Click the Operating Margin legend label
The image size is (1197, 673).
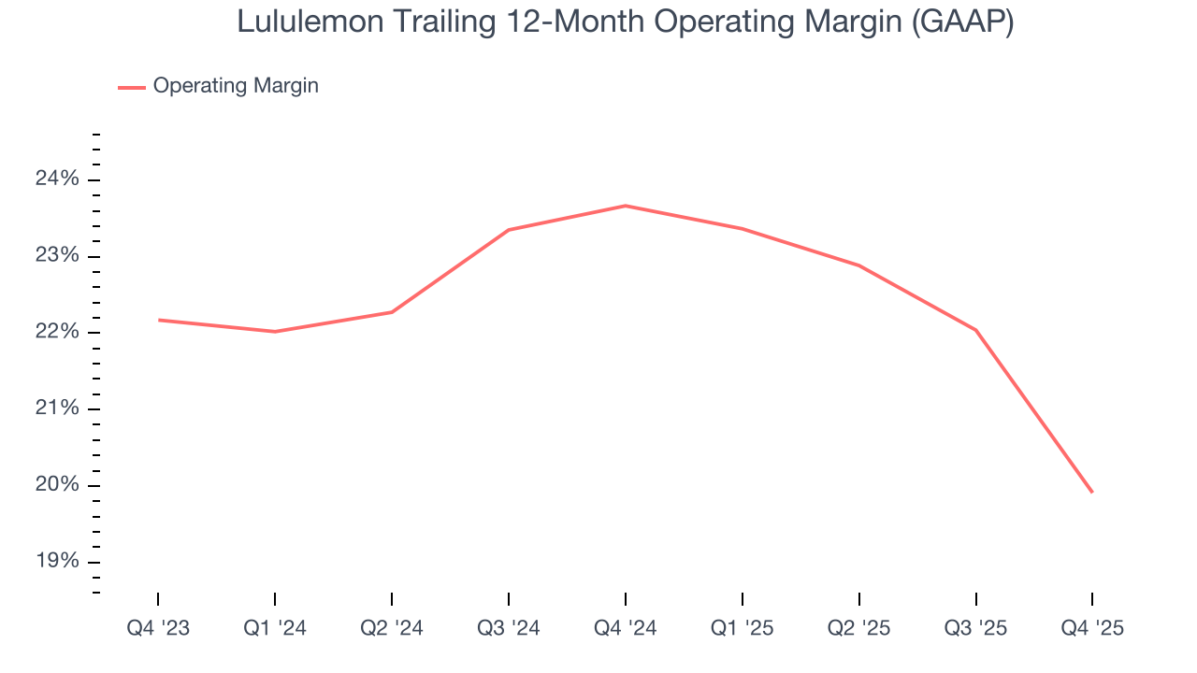236,86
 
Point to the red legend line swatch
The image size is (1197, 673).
131,87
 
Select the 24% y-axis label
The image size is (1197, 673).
57,179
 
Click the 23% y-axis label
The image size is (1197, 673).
57,256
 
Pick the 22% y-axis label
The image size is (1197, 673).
57,333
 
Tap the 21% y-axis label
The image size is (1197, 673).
57,408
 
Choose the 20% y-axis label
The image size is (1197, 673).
57,485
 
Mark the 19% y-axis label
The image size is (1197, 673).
57,562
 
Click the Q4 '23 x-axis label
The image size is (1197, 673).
158,628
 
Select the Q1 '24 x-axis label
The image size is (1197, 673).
275,628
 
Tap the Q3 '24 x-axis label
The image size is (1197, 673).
509,628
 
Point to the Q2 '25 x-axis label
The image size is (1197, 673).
859,628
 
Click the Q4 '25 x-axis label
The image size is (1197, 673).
1092,628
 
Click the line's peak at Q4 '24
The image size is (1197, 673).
626,206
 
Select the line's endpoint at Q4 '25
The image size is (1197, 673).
1092,492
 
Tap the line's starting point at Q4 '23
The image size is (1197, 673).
158,320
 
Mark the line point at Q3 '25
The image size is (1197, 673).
976,330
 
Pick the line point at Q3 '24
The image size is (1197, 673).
509,230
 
